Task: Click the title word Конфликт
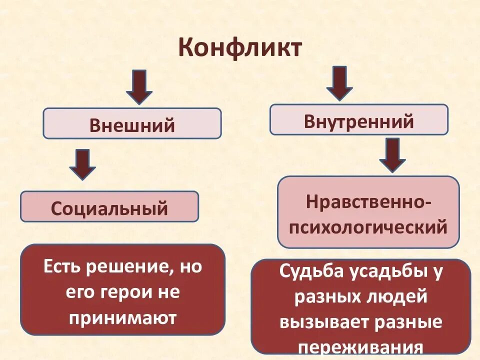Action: (240, 48)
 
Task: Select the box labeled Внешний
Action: (132, 123)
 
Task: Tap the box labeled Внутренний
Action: (359, 120)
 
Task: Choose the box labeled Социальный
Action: (109, 206)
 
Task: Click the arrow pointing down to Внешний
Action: (138, 86)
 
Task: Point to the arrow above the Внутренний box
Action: (339, 83)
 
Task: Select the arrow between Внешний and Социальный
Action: (82, 164)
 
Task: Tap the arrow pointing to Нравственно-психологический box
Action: (392, 155)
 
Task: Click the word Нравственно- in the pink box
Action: (369, 202)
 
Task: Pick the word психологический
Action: (368, 227)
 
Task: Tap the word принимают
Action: (123, 318)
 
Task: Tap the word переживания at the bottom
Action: (360, 347)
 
